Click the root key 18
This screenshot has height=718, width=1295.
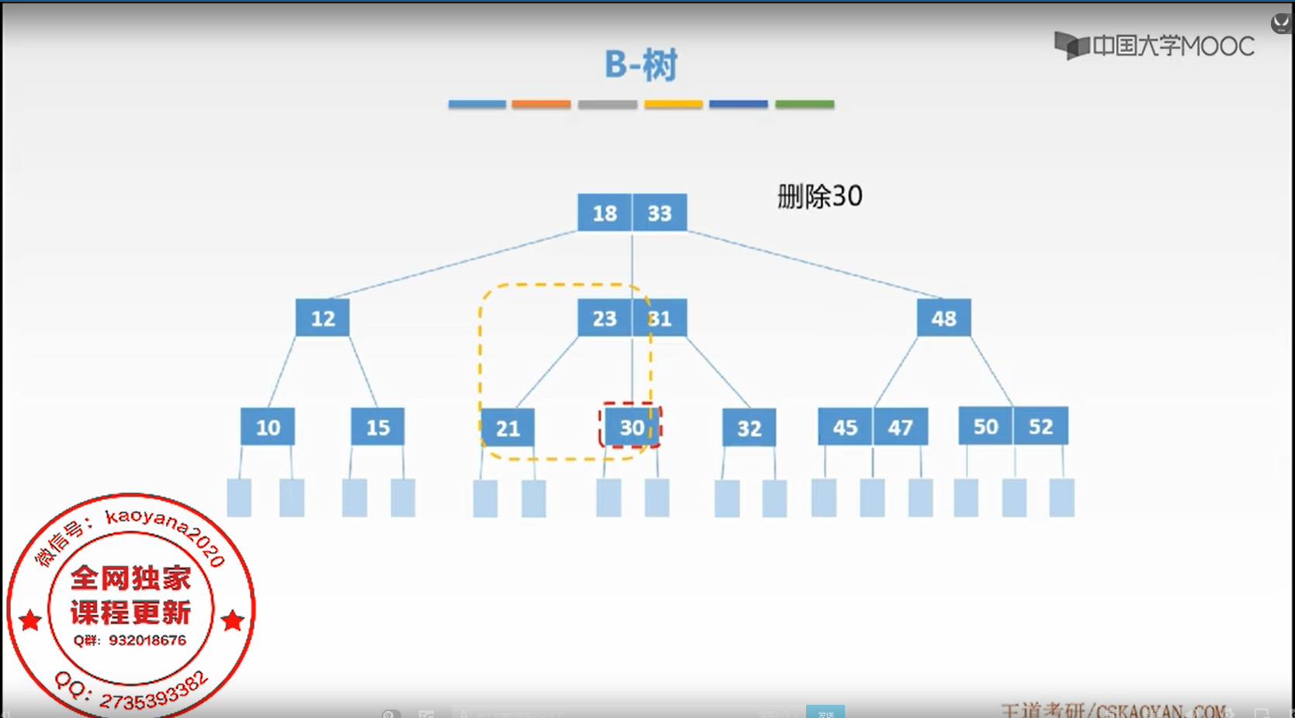[604, 213]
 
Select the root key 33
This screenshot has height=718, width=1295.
[660, 213]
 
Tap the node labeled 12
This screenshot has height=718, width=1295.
[323, 318]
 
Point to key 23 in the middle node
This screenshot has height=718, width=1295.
[604, 318]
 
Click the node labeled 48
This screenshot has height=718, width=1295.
[944, 318]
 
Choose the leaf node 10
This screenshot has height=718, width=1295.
[268, 427]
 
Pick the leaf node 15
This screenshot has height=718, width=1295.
[378, 427]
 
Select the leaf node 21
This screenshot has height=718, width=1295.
[507, 428]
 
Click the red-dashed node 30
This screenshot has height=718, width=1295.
[631, 427]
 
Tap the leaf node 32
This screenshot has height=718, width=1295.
[749, 428]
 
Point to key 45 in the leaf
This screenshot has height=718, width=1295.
[845, 427]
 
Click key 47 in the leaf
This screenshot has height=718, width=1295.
[900, 427]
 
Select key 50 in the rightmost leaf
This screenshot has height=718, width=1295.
[985, 426]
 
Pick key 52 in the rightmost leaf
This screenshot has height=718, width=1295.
[1041, 426]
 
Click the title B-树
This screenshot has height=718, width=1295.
[641, 64]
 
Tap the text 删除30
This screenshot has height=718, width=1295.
[819, 196]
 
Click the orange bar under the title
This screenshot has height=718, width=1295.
[541, 104]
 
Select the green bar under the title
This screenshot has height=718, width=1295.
[805, 104]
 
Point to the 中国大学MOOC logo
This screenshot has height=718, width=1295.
[1154, 46]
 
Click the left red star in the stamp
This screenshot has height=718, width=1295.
[30, 620]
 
